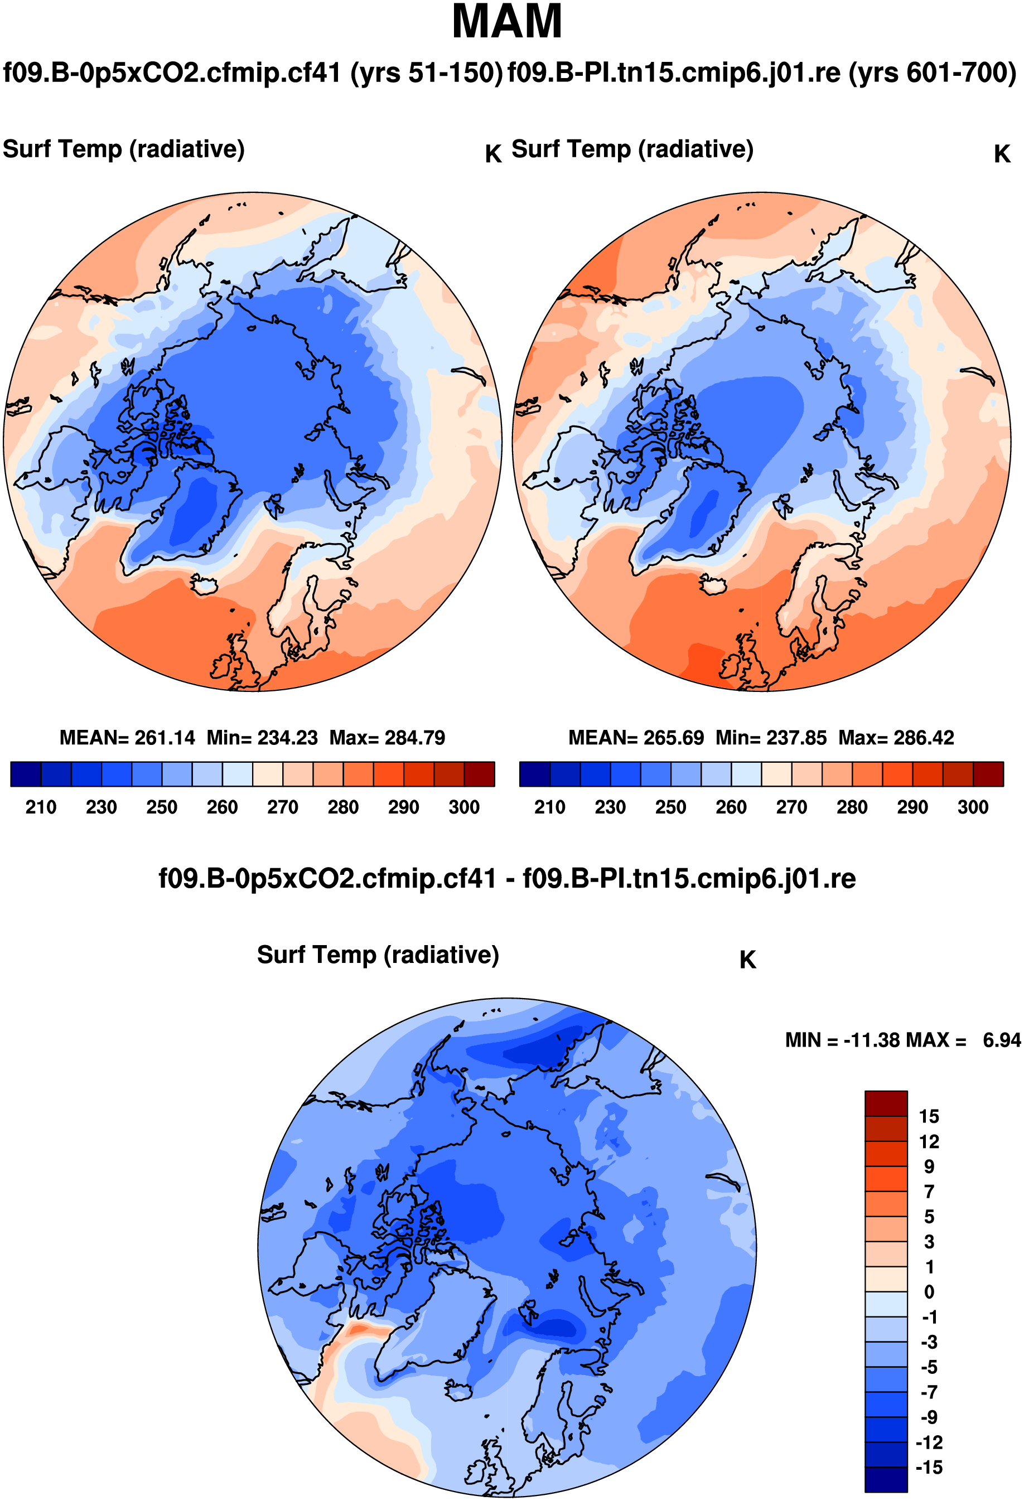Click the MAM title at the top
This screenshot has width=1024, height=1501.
pyautogui.click(x=506, y=22)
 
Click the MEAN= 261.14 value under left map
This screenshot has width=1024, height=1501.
pyautogui.click(x=127, y=738)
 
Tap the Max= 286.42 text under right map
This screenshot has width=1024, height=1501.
pyautogui.click(x=896, y=738)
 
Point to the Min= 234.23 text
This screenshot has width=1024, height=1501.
pyautogui.click(x=262, y=738)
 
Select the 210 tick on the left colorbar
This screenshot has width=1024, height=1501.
pyautogui.click(x=41, y=807)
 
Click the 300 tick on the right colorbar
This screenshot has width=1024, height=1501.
pyautogui.click(x=972, y=807)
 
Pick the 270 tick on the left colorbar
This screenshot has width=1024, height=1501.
pyautogui.click(x=282, y=807)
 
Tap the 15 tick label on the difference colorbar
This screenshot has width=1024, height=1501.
pyautogui.click(x=929, y=1116)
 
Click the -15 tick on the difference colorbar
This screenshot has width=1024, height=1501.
pyautogui.click(x=929, y=1468)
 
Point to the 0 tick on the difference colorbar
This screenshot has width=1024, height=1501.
pyautogui.click(x=929, y=1292)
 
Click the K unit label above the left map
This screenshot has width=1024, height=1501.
pyautogui.click(x=493, y=154)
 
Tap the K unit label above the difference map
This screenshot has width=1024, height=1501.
pyautogui.click(x=747, y=960)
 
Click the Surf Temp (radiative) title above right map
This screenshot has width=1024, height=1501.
pyautogui.click(x=632, y=149)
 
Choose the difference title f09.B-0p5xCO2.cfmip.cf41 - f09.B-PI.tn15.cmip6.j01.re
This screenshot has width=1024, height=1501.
pyautogui.click(x=507, y=879)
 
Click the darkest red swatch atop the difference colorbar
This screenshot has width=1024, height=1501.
pyautogui.click(x=886, y=1103)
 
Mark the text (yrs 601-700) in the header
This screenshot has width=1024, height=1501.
pyautogui.click(x=933, y=72)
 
